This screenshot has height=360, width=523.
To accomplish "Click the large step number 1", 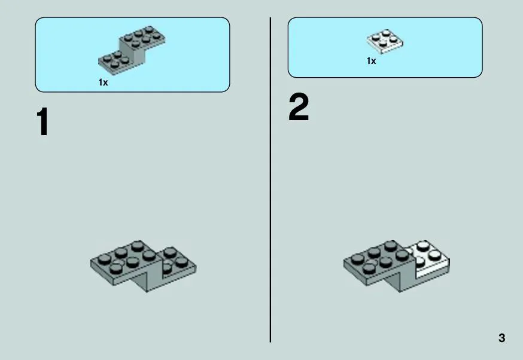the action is (x=43, y=121).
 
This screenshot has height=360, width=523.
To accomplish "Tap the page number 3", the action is (x=501, y=338).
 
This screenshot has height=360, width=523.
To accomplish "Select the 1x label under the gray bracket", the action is (x=103, y=82).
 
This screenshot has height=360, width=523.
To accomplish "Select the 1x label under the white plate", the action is (x=371, y=60).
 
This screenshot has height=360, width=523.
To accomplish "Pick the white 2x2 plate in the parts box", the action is (x=385, y=42).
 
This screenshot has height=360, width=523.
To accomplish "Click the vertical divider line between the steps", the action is (x=270, y=180).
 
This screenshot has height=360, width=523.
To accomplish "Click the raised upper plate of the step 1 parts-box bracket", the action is (x=142, y=37).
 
